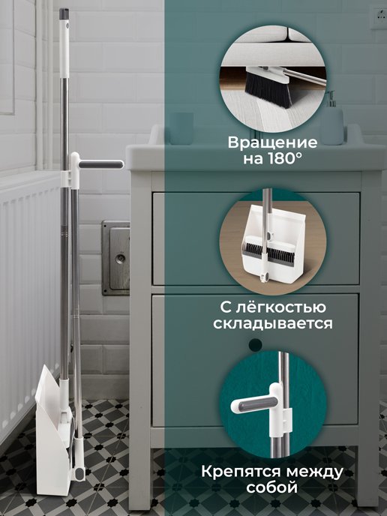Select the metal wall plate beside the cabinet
click(x=115, y=257)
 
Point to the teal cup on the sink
click(x=181, y=127)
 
